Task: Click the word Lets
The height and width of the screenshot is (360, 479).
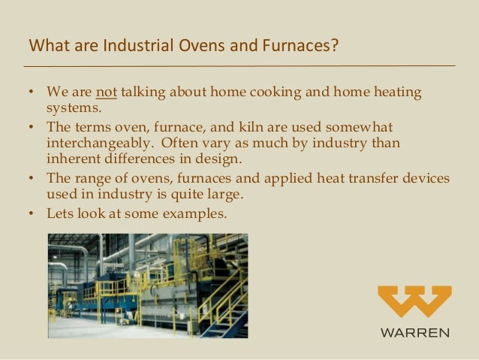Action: pyautogui.click(x=60, y=213)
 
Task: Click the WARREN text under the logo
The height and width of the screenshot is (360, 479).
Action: pyautogui.click(x=415, y=331)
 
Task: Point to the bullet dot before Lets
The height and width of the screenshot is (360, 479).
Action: pyautogui.click(x=32, y=213)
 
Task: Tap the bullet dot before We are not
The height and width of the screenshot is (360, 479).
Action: pyautogui.click(x=32, y=92)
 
